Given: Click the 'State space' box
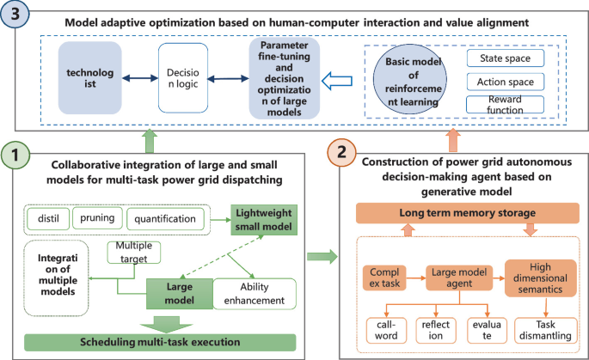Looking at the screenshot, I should point(506,59).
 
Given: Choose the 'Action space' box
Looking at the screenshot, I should point(506,82).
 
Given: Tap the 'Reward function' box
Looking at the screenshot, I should point(506,106).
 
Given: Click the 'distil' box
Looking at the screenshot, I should point(46,219).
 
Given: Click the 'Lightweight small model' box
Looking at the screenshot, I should point(261,220).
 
